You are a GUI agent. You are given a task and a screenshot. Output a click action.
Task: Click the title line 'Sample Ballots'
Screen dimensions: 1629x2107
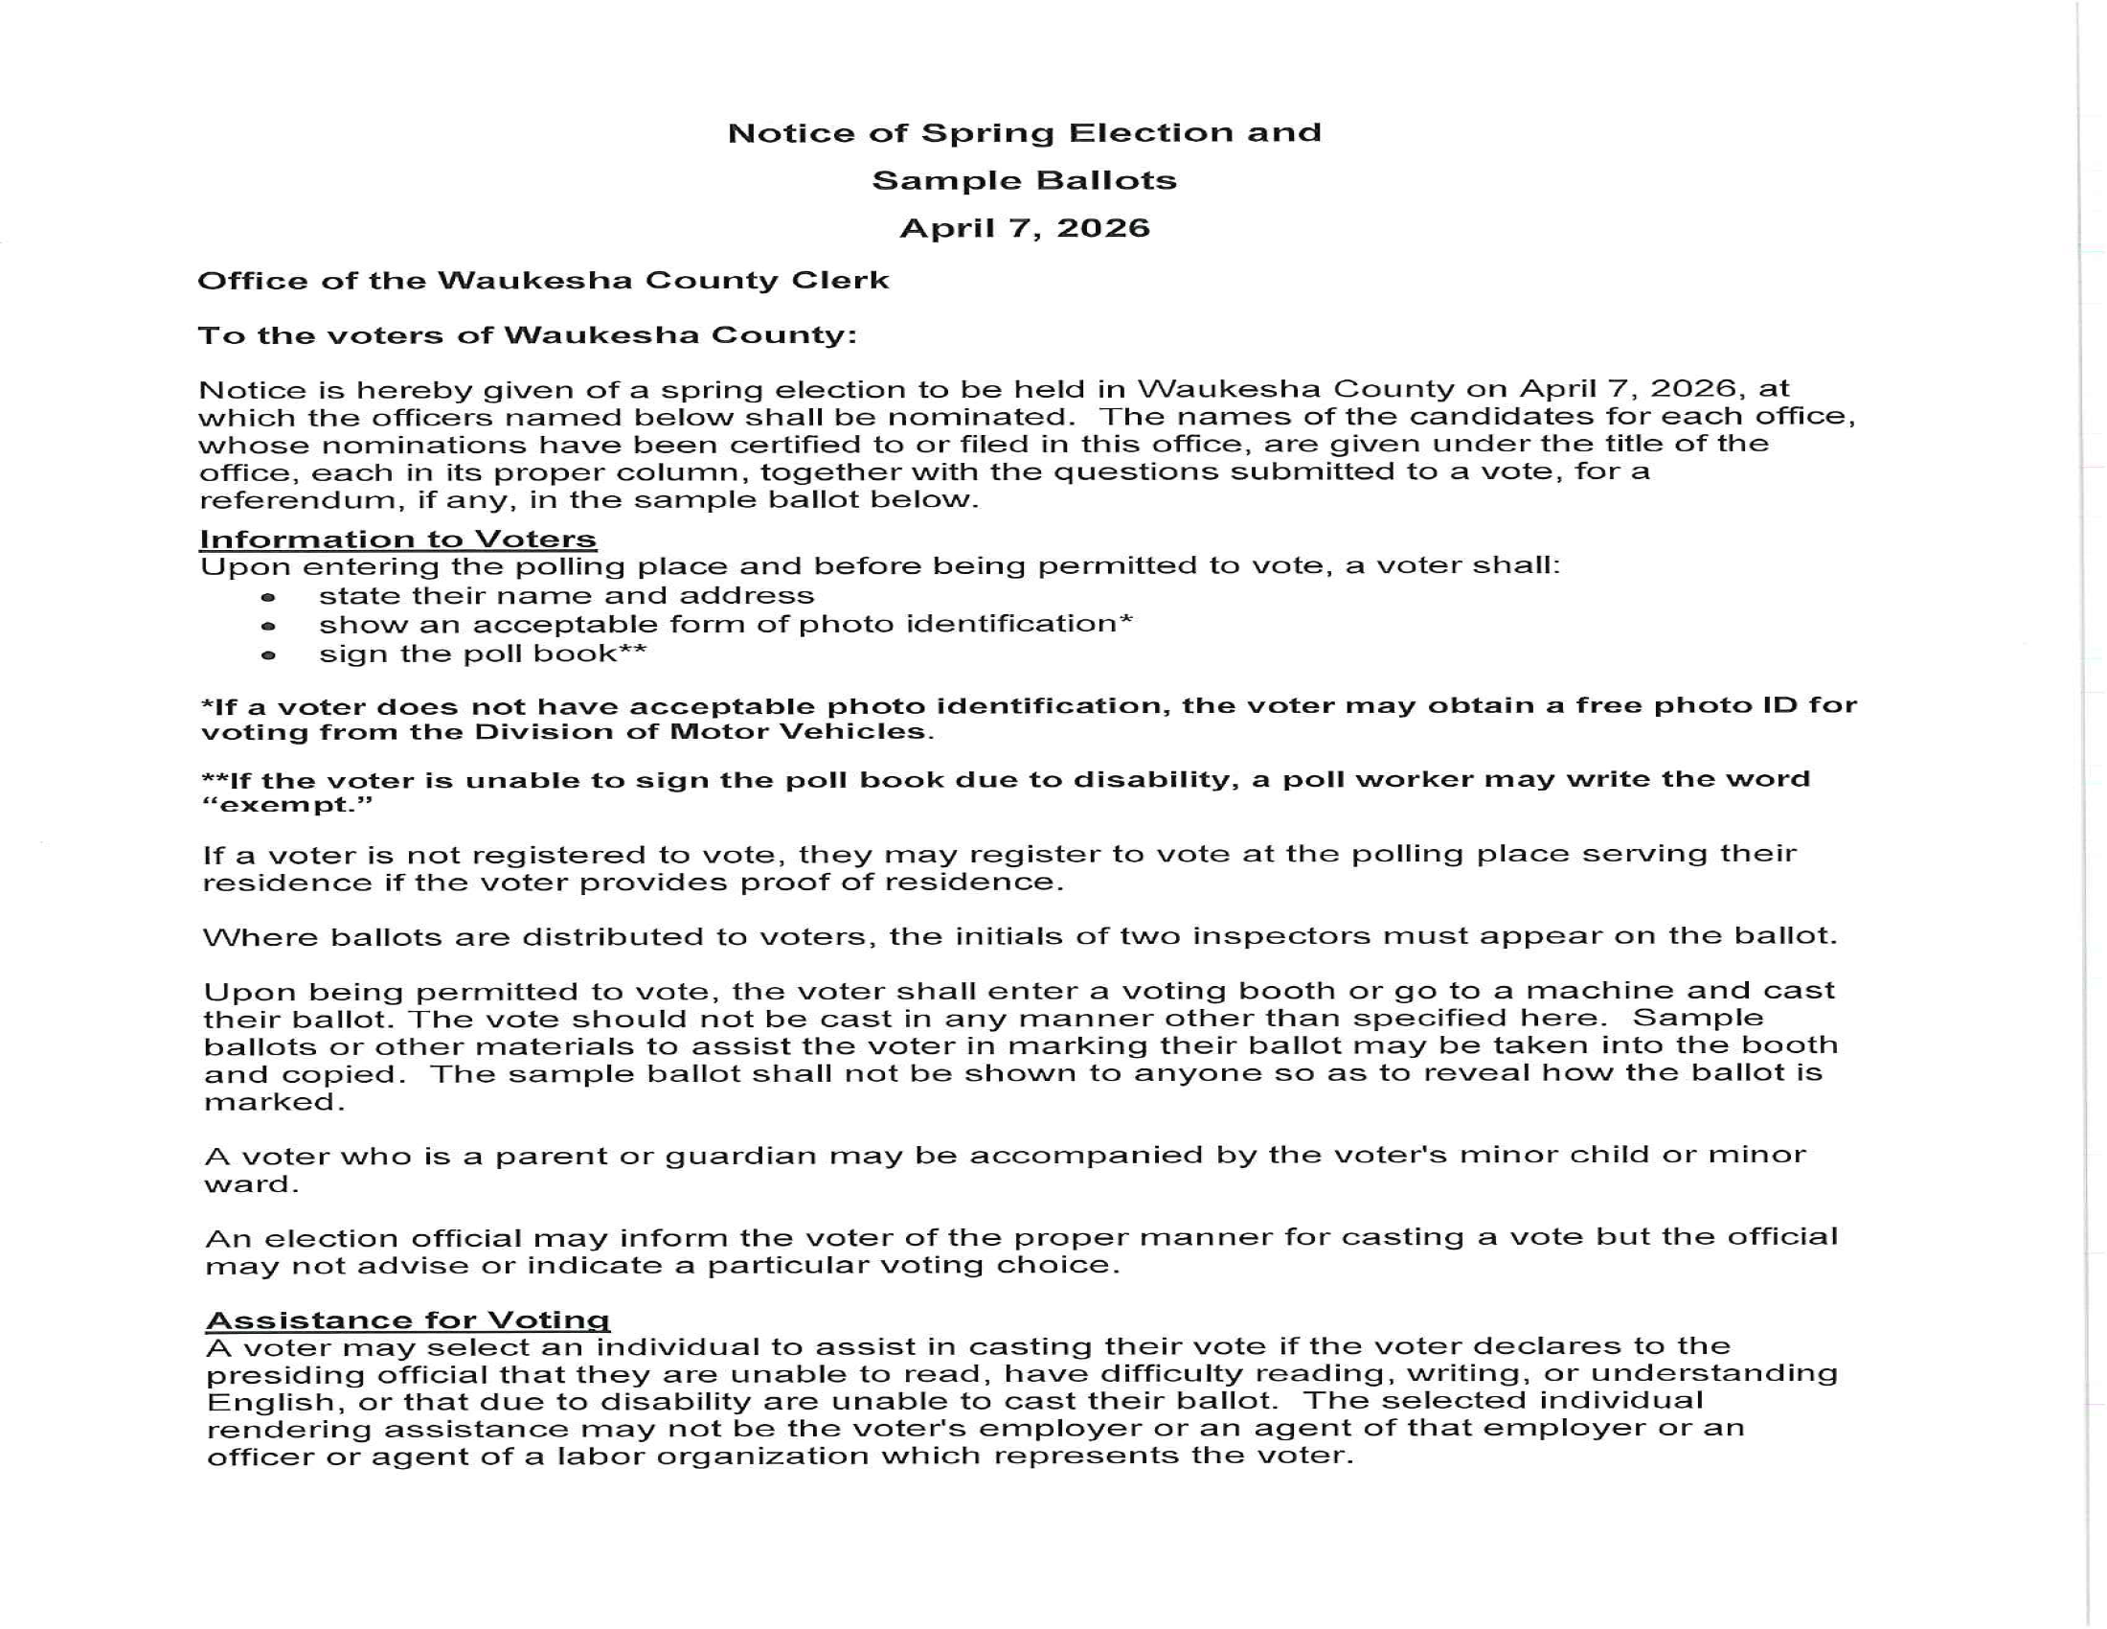(x=1024, y=180)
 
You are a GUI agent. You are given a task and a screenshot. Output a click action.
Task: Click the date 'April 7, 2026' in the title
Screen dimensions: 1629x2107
(x=1024, y=229)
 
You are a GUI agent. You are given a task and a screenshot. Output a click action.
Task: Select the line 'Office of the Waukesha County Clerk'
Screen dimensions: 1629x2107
(x=542, y=281)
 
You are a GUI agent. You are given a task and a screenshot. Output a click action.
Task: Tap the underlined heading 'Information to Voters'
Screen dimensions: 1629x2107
(x=397, y=539)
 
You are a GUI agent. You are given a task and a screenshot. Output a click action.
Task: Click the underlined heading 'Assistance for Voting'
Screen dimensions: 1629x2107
(x=407, y=1319)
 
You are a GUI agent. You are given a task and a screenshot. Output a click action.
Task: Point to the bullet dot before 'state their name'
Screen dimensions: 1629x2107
(x=268, y=597)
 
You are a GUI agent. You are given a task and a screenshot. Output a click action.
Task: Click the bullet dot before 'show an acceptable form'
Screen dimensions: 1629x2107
(x=268, y=627)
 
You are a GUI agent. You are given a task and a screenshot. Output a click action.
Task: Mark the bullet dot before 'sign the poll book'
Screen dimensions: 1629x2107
(x=268, y=655)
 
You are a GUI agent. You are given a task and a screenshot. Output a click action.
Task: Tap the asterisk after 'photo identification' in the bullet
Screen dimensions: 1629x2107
(x=1125, y=621)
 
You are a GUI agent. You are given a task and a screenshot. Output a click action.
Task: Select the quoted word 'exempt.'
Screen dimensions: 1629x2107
(x=286, y=805)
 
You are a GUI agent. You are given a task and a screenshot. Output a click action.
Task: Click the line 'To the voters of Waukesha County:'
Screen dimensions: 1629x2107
(x=527, y=335)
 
